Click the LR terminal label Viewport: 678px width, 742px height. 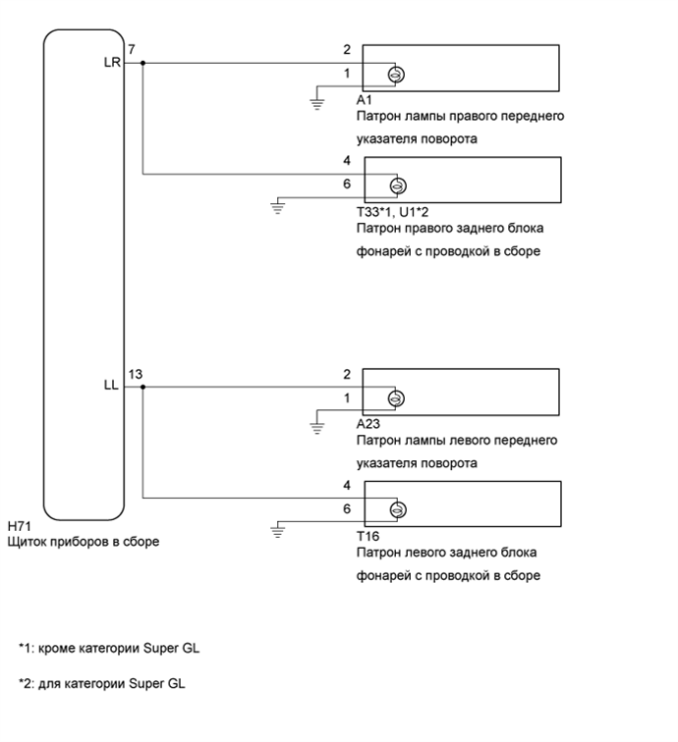[x=110, y=63]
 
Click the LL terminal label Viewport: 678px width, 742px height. [x=110, y=386]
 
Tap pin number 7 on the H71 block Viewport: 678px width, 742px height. [x=131, y=49]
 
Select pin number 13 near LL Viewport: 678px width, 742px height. [x=136, y=373]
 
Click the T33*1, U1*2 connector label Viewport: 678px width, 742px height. [x=391, y=211]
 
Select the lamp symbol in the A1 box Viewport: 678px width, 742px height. [x=399, y=76]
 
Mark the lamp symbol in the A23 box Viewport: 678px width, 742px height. [x=399, y=398]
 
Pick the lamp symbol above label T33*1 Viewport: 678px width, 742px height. [x=399, y=185]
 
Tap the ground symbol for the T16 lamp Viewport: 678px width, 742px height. [x=278, y=532]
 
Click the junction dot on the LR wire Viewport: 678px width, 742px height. [x=143, y=63]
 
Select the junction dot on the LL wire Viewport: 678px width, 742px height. [x=143, y=387]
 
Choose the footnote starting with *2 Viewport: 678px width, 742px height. [x=101, y=683]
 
